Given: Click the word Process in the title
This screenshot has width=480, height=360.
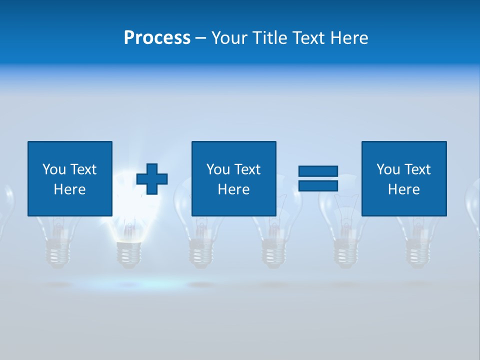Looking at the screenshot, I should pos(157,37).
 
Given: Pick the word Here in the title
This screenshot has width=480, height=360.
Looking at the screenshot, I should pos(349,37).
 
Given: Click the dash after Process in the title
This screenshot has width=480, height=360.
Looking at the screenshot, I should pos(200,38).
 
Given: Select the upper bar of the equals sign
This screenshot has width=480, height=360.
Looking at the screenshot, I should pos(318,171).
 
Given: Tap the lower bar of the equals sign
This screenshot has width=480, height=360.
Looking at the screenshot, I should pos(318,186).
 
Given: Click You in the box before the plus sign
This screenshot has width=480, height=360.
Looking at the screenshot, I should pos(54,169).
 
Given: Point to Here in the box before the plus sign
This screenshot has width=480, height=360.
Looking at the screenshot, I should pos(69,189).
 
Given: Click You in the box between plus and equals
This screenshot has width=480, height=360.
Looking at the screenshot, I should pos(218,169).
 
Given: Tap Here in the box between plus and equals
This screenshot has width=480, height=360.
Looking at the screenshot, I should pos(233,189).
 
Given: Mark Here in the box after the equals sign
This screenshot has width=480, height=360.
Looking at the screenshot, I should pos(403,189).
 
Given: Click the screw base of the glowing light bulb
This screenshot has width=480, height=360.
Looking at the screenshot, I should pos(129,253).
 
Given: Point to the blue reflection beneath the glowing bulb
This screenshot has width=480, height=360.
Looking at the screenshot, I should pos(129,284).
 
